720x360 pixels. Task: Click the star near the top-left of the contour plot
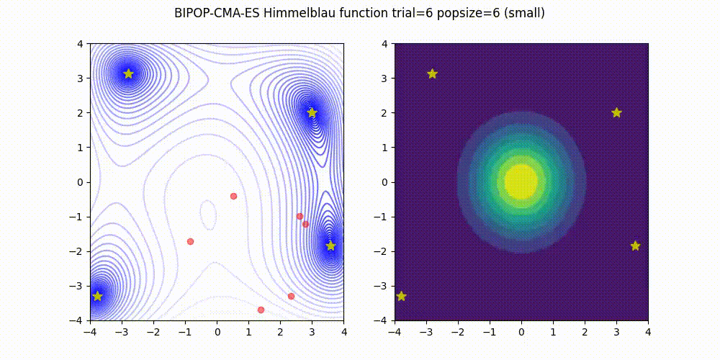pos(128,73)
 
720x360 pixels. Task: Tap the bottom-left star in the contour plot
pos(97,296)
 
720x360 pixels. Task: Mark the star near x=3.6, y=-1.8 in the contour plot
pos(330,246)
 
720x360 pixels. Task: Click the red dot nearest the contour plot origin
pos(233,196)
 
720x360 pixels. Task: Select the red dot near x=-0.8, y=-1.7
pos(190,241)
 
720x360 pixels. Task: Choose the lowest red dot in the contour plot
pos(261,310)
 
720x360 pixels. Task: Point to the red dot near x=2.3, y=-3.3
pos(291,296)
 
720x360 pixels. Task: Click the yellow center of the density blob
pos(521,181)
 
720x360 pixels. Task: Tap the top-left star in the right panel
pos(432,73)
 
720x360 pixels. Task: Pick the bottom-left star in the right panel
pos(401,296)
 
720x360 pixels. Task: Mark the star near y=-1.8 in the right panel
pos(635,246)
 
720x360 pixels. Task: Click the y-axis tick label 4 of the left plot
pos(81,43)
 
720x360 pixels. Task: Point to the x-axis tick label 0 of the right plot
pos(521,332)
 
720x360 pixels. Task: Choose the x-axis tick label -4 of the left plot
pos(90,332)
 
